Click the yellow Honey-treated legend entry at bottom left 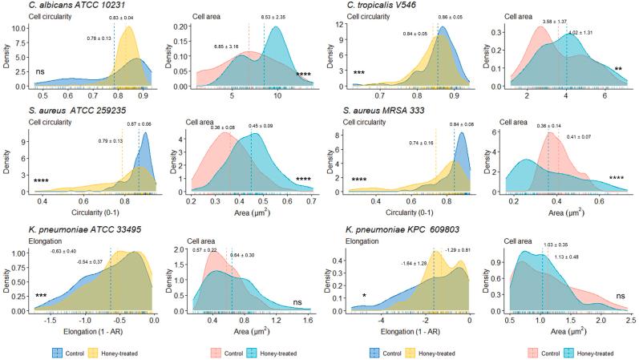coord(121,352)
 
